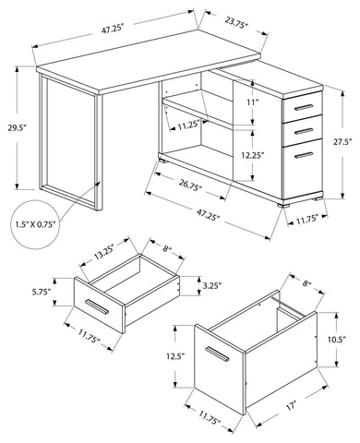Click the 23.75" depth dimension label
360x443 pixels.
click(x=236, y=23)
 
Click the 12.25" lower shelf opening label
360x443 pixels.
click(x=253, y=155)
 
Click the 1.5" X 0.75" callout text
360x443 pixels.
click(x=35, y=223)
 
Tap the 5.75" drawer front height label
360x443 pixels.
click(x=42, y=292)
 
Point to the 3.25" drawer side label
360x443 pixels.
click(x=212, y=285)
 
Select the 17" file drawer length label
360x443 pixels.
click(x=291, y=405)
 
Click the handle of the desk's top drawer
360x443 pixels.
click(x=304, y=107)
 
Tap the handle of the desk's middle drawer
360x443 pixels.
click(x=304, y=130)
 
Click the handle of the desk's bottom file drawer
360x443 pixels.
click(x=304, y=154)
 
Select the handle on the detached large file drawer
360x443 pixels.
click(x=218, y=354)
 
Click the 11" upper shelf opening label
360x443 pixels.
click(x=252, y=102)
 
